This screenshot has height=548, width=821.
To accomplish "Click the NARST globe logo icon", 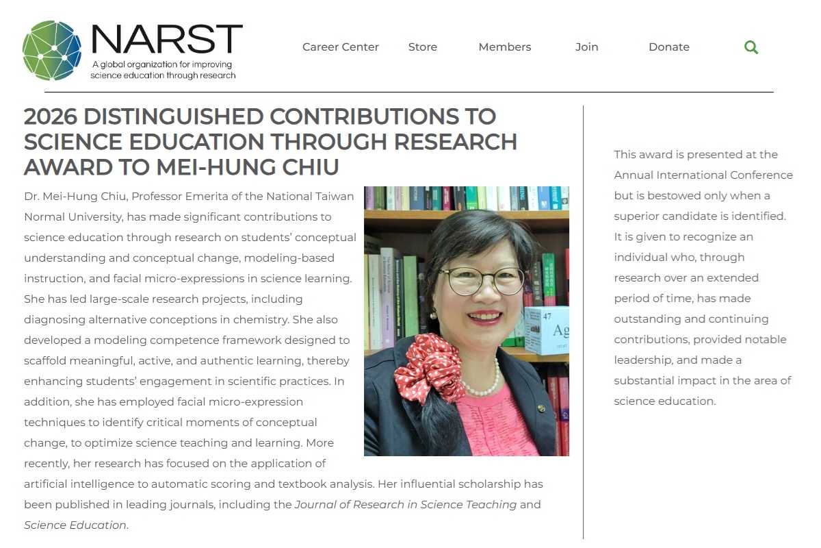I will [x=51, y=50].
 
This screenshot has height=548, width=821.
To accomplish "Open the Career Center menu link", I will [x=341, y=47].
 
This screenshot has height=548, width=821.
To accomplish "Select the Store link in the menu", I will [x=422, y=47].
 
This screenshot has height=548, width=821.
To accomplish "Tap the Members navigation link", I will [x=505, y=47].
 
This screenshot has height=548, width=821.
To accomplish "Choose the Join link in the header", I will [x=586, y=47].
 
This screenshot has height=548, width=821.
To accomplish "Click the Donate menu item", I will [x=668, y=47].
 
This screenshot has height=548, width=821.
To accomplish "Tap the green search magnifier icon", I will [x=751, y=47].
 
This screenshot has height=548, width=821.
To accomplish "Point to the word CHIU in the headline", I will [x=309, y=167].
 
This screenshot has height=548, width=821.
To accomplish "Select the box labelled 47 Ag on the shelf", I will [x=547, y=329].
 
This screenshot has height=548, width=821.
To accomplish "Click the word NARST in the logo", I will [x=166, y=39].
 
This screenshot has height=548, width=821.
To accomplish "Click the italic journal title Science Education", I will [x=75, y=525].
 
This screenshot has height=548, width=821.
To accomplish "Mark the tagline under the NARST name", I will [x=163, y=70].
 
